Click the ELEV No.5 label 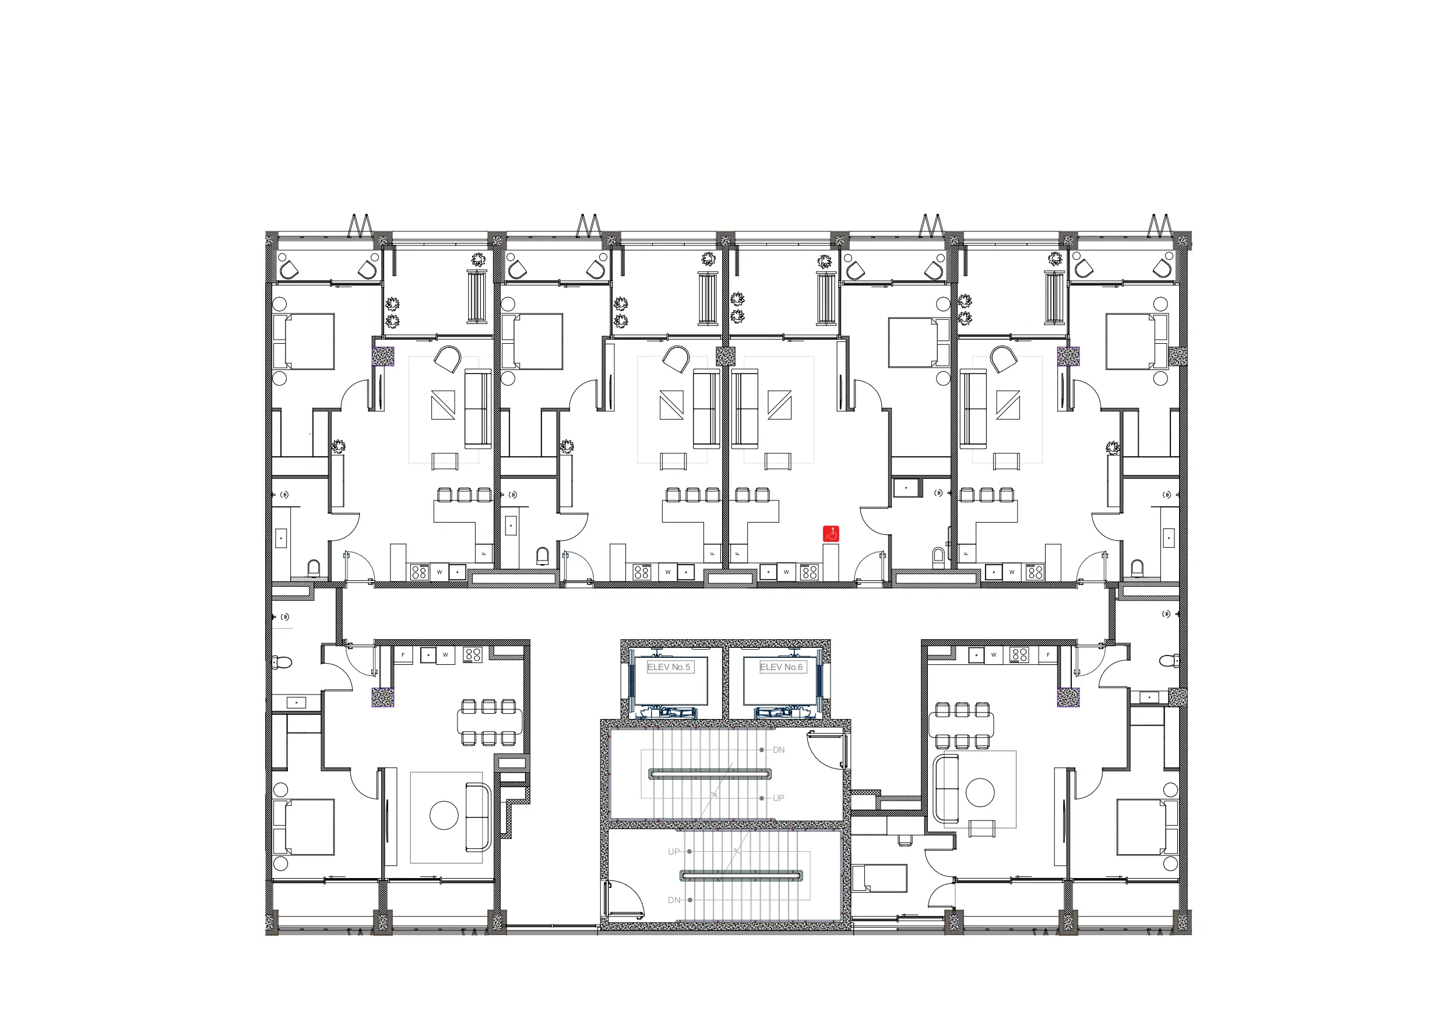coord(669,667)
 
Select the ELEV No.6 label coord(782,667)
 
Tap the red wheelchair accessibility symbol coord(831,534)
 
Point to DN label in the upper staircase coord(779,750)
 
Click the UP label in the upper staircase coord(779,798)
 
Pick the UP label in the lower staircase coord(674,852)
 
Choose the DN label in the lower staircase coord(674,900)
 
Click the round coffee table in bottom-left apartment coord(444,816)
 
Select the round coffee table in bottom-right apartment coord(980,792)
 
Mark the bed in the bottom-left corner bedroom coord(304,827)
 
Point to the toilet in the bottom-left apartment coord(283,662)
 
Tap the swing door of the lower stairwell coord(624,899)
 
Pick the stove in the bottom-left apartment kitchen coord(472,655)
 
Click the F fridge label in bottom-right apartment coord(1048,655)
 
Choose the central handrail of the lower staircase coord(742,875)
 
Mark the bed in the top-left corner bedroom coord(304,341)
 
